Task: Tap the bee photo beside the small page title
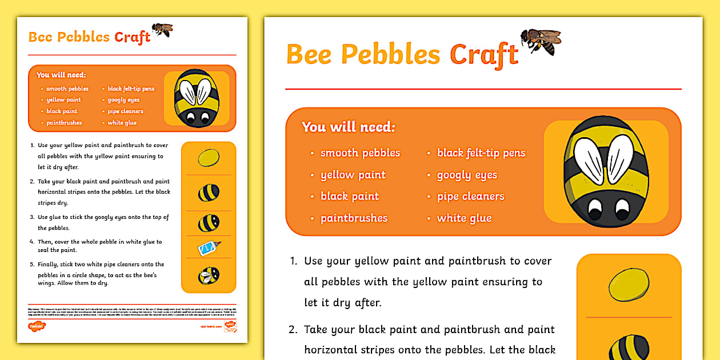coord(162,29)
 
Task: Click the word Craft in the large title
coord(483,55)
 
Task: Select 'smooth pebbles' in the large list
coord(360,153)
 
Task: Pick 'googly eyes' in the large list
coord(467,175)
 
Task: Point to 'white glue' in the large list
coord(464,218)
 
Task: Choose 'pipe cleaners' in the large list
coord(470,197)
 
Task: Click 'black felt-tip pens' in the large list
coord(481,153)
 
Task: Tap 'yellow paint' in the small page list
coord(63,100)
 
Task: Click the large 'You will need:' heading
coord(348,127)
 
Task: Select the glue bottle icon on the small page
coord(209,247)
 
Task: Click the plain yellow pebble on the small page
coord(209,158)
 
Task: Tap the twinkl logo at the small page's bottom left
coord(37,326)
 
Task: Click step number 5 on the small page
coord(33,265)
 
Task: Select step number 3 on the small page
coord(33,218)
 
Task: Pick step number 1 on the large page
coord(293,261)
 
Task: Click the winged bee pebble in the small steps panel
coord(208,276)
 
